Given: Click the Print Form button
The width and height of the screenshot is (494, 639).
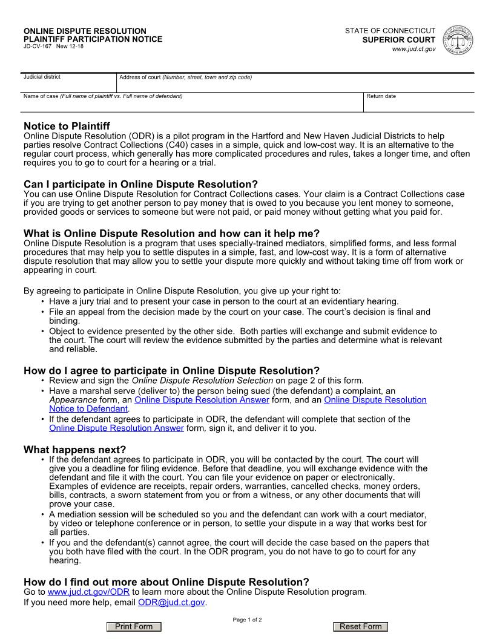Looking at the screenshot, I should coord(134,627).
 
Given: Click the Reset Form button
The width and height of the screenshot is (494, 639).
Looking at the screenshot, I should coord(360,627).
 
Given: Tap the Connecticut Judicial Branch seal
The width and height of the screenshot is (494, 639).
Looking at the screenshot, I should coord(458,41).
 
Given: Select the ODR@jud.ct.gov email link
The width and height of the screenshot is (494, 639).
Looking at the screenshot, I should coord(171,603).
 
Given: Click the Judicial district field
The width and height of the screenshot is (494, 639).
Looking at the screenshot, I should coord(68,85).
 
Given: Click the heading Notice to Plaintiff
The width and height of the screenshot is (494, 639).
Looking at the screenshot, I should coord(67,126).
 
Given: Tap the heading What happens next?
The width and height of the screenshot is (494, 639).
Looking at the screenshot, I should coord(74,450).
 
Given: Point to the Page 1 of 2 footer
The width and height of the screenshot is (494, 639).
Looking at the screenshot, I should coord(247,620).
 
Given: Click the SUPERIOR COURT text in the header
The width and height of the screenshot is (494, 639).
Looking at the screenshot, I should coord(399,40).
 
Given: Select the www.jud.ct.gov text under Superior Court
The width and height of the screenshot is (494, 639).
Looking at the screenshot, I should coord(414,49).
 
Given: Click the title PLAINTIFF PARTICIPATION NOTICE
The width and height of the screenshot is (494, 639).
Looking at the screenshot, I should coord(93,39).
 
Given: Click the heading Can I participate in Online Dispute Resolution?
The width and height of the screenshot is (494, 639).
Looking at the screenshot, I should coord(140,184).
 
